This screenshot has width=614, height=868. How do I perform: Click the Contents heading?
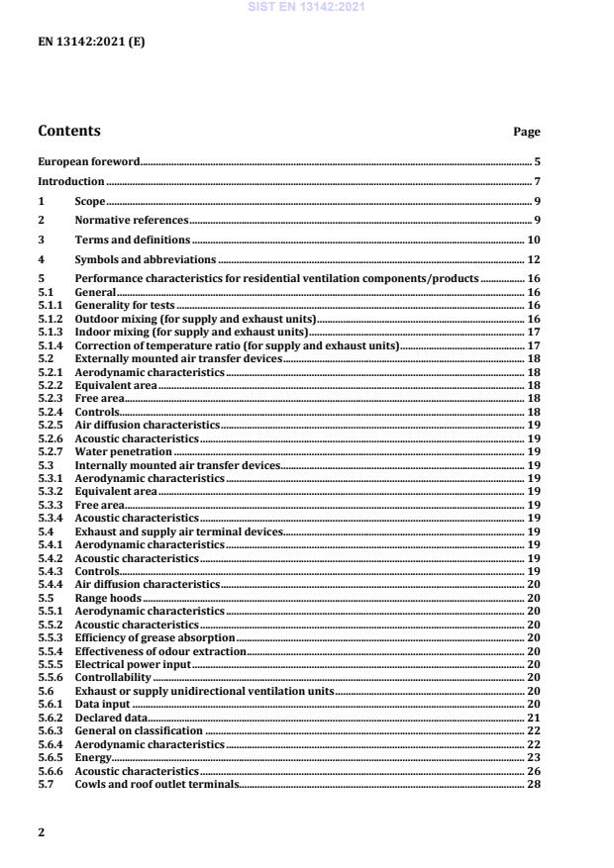coord(68,131)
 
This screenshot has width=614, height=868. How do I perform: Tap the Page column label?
coord(526,133)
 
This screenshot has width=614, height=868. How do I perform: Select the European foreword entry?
coord(88,160)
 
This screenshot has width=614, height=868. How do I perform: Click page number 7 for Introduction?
coord(536,182)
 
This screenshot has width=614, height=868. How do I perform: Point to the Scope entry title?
coord(90,201)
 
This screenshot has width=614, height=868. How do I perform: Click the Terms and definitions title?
coord(133,240)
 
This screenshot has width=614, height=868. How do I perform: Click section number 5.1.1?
coord(50,306)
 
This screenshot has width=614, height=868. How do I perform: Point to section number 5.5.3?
coord(50,638)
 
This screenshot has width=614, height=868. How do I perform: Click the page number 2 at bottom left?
coord(41,832)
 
